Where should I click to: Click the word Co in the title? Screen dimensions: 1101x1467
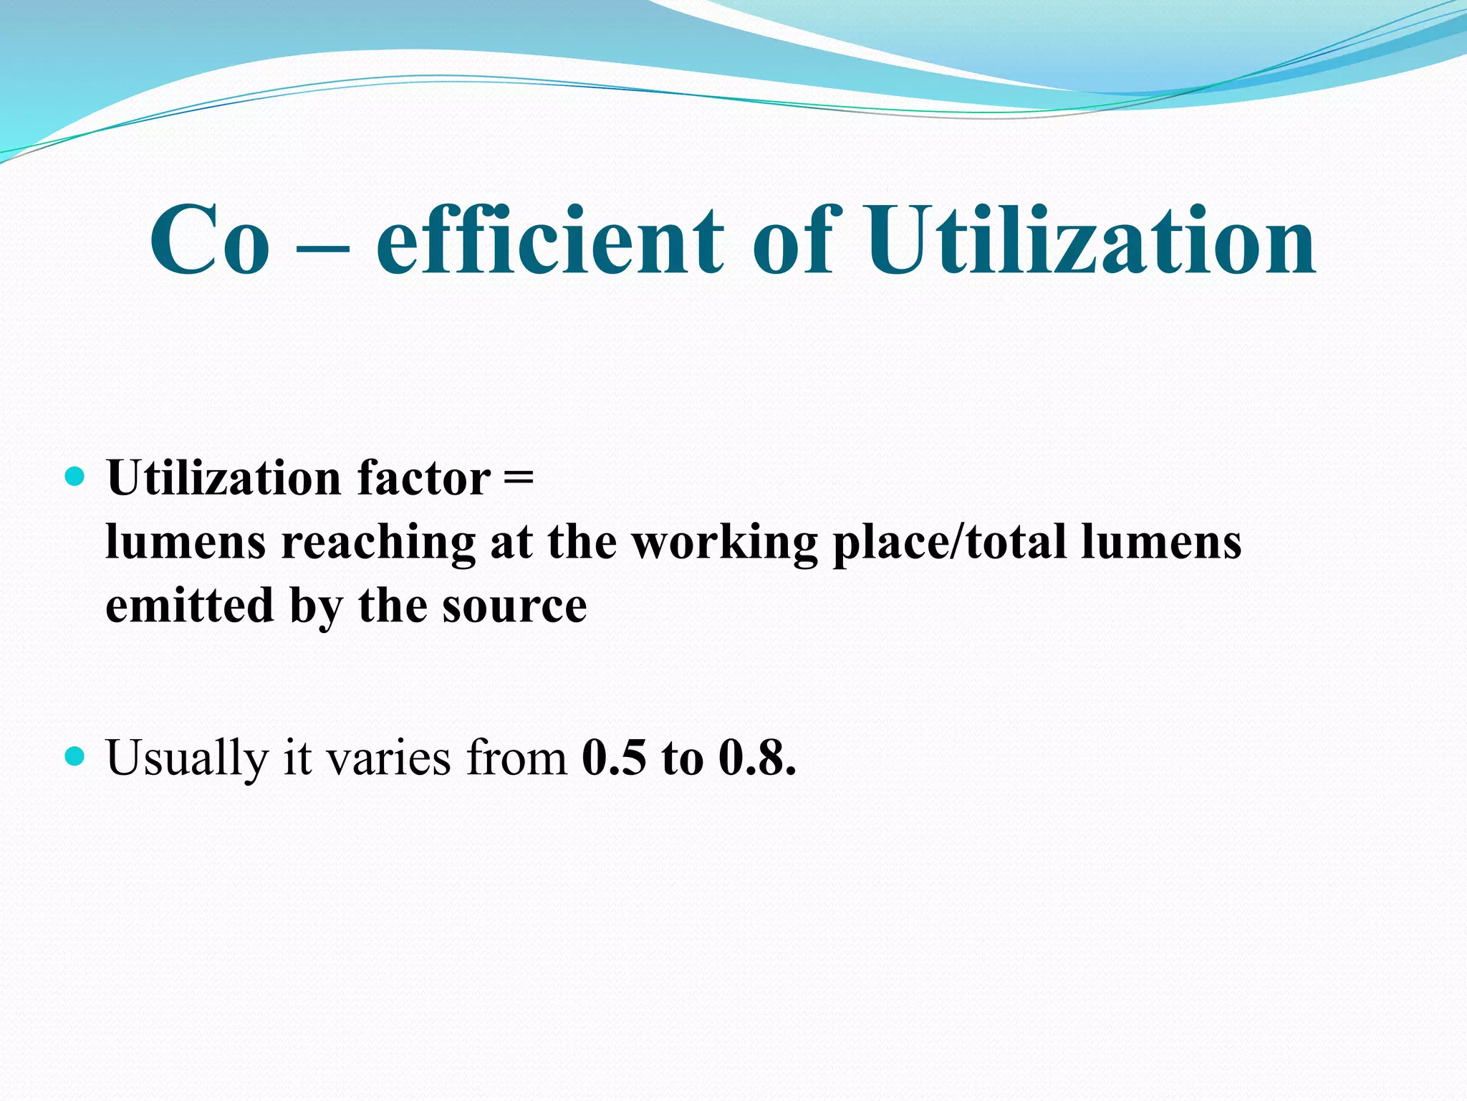[x=210, y=240]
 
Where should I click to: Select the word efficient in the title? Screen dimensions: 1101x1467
[x=549, y=240]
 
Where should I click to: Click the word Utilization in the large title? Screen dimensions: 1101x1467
[x=1090, y=240]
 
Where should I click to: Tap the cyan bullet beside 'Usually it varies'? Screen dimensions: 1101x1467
[x=74, y=756]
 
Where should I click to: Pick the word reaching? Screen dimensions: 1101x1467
[x=378, y=543]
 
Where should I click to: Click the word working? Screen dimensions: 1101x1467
[x=724, y=543]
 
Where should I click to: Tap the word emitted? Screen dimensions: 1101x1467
[x=190, y=606]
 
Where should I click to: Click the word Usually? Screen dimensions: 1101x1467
[x=186, y=758]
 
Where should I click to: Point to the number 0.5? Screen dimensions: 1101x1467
[x=614, y=758]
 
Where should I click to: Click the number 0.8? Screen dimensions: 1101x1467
[x=756, y=758]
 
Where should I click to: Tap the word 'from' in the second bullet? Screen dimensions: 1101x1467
[x=516, y=758]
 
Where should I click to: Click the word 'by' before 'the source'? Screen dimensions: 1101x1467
[x=316, y=608]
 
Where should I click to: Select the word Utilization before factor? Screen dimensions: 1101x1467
[x=223, y=478]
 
